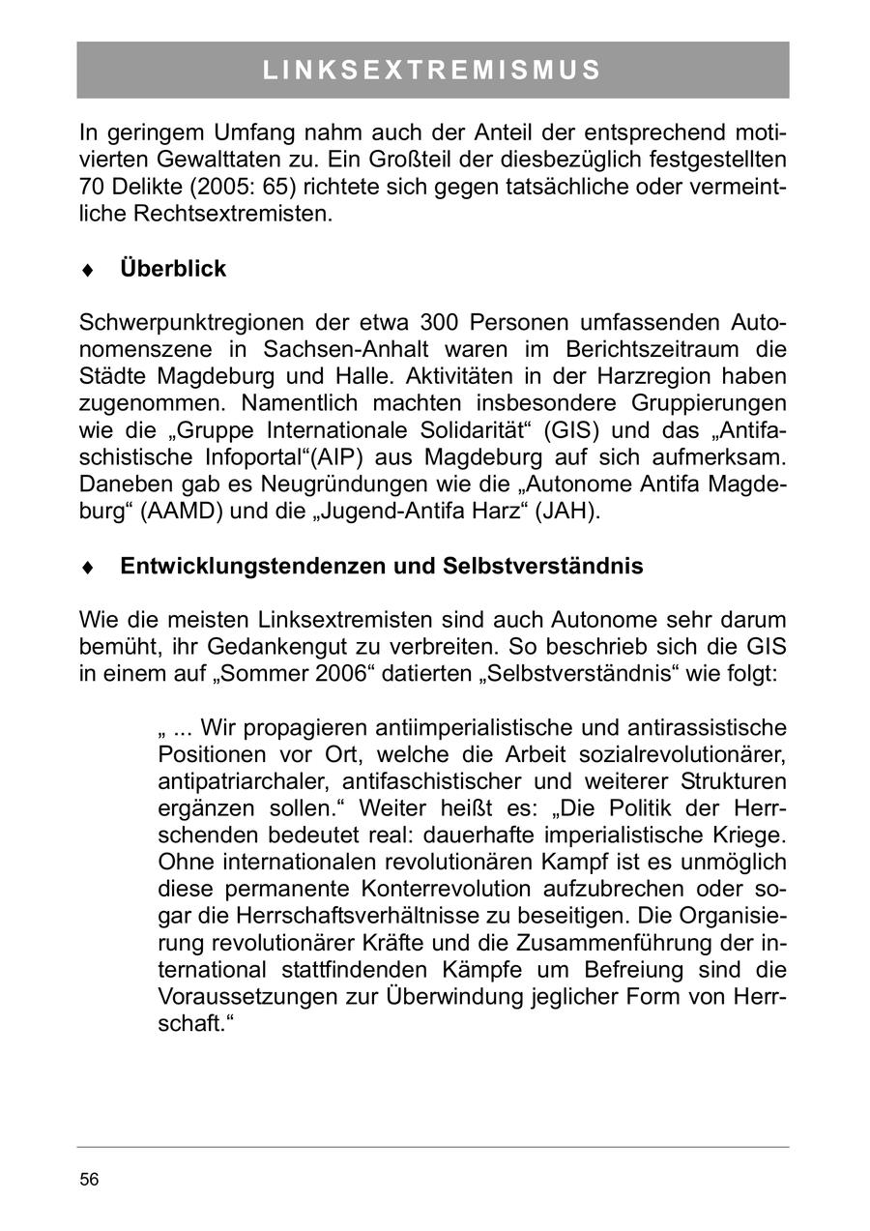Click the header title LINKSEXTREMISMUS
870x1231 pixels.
point(432,71)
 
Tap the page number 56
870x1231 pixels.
point(89,1179)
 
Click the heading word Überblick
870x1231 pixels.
point(173,269)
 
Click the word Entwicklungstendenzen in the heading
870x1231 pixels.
point(252,567)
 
